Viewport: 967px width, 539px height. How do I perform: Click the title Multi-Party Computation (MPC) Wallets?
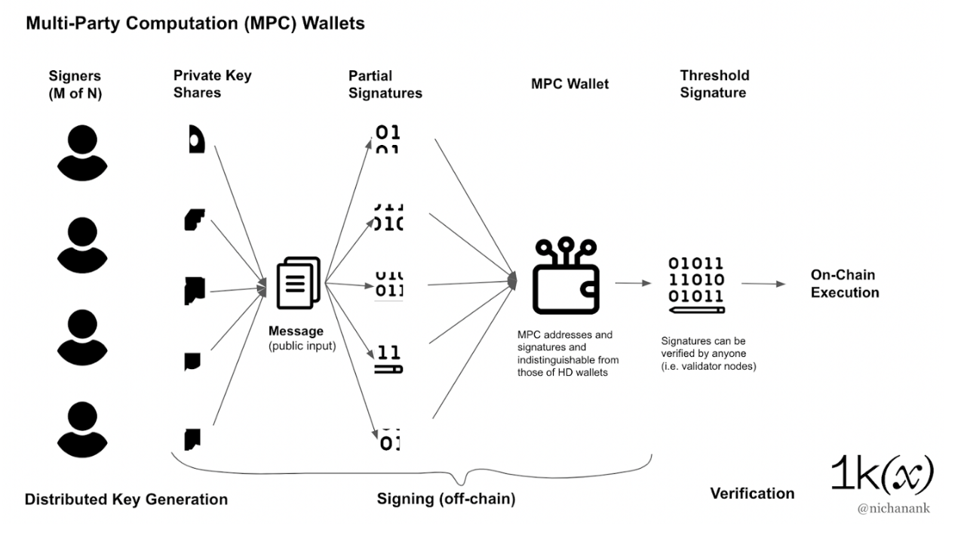[195, 23]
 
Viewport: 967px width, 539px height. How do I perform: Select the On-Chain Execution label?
[844, 284]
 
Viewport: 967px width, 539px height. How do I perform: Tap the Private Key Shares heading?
[212, 84]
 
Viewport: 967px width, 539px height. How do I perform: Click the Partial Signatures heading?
[385, 85]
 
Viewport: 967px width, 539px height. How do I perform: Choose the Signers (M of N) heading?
[75, 84]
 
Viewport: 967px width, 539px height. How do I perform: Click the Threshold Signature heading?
[714, 84]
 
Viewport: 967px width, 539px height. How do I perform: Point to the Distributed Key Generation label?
[126, 499]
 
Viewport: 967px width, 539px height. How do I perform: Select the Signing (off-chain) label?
[446, 499]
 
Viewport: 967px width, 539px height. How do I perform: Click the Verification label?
[752, 493]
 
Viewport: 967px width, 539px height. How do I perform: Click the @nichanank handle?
[893, 508]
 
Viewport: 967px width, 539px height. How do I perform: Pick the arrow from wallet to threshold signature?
[632, 284]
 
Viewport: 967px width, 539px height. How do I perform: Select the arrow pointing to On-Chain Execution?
[763, 284]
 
